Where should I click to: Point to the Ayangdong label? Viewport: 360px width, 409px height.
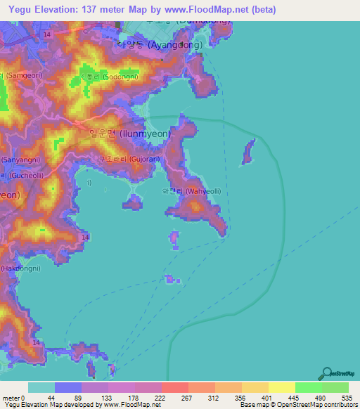(x=160, y=44)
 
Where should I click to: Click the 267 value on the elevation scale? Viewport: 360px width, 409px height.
(x=188, y=398)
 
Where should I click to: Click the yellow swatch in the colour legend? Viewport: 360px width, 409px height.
(x=281, y=387)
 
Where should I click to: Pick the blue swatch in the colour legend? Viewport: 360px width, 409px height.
(x=68, y=387)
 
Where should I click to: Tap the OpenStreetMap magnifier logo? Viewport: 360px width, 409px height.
(x=326, y=373)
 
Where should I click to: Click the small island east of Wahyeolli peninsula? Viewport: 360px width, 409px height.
(x=247, y=152)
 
